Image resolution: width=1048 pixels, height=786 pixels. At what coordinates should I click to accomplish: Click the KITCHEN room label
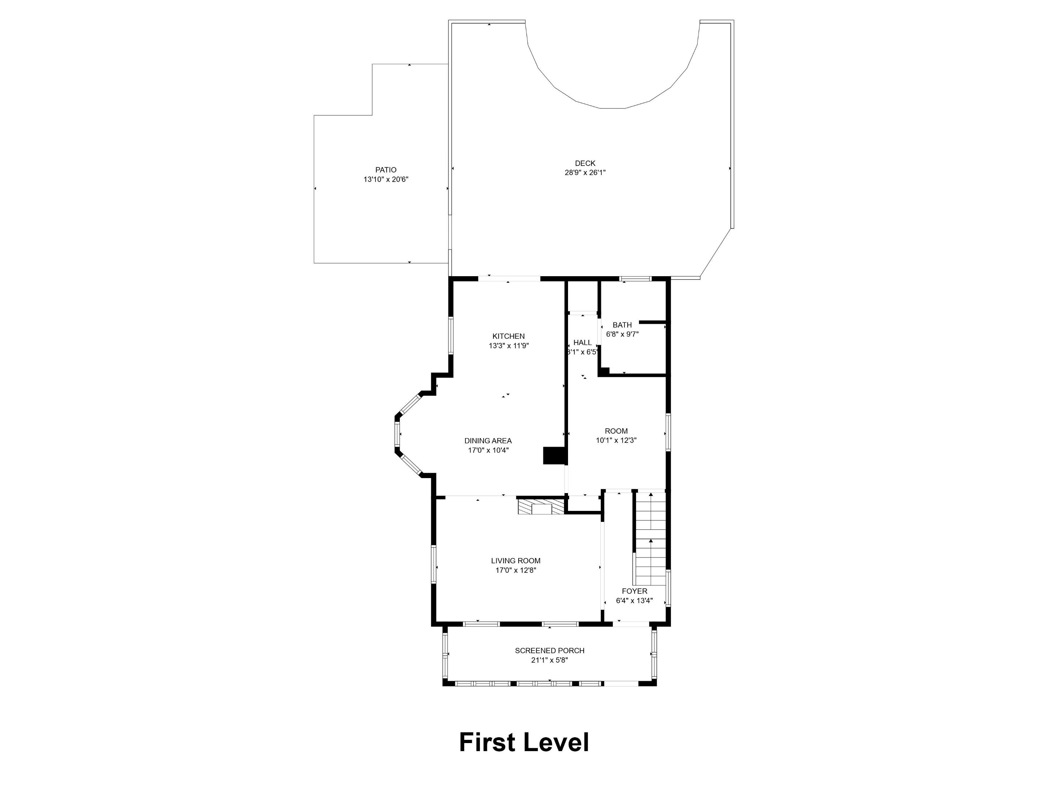[508, 336]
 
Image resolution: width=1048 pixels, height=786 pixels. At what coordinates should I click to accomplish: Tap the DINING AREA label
[488, 441]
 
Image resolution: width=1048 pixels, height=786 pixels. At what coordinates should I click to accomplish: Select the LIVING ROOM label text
[516, 560]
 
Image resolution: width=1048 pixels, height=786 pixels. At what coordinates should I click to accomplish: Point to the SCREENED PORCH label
[549, 651]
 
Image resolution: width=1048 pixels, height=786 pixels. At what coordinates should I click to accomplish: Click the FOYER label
[634, 591]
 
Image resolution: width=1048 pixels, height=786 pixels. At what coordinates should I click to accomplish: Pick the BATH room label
[622, 325]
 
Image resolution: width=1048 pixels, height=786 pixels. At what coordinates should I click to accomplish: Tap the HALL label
[582, 342]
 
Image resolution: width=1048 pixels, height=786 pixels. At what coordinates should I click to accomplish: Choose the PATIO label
[386, 170]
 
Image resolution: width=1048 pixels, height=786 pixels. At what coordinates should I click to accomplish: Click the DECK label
[585, 163]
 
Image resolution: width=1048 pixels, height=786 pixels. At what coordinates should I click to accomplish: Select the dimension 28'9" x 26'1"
[585, 173]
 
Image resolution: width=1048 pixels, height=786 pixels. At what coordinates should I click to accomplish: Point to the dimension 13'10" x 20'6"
[386, 179]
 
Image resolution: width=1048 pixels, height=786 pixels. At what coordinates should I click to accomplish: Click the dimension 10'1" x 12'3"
[616, 440]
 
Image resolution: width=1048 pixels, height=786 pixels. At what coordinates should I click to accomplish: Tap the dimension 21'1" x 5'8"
[549, 660]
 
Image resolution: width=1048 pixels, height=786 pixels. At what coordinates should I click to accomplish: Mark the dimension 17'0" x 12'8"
[516, 570]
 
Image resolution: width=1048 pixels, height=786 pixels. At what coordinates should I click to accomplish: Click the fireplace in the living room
[541, 507]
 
